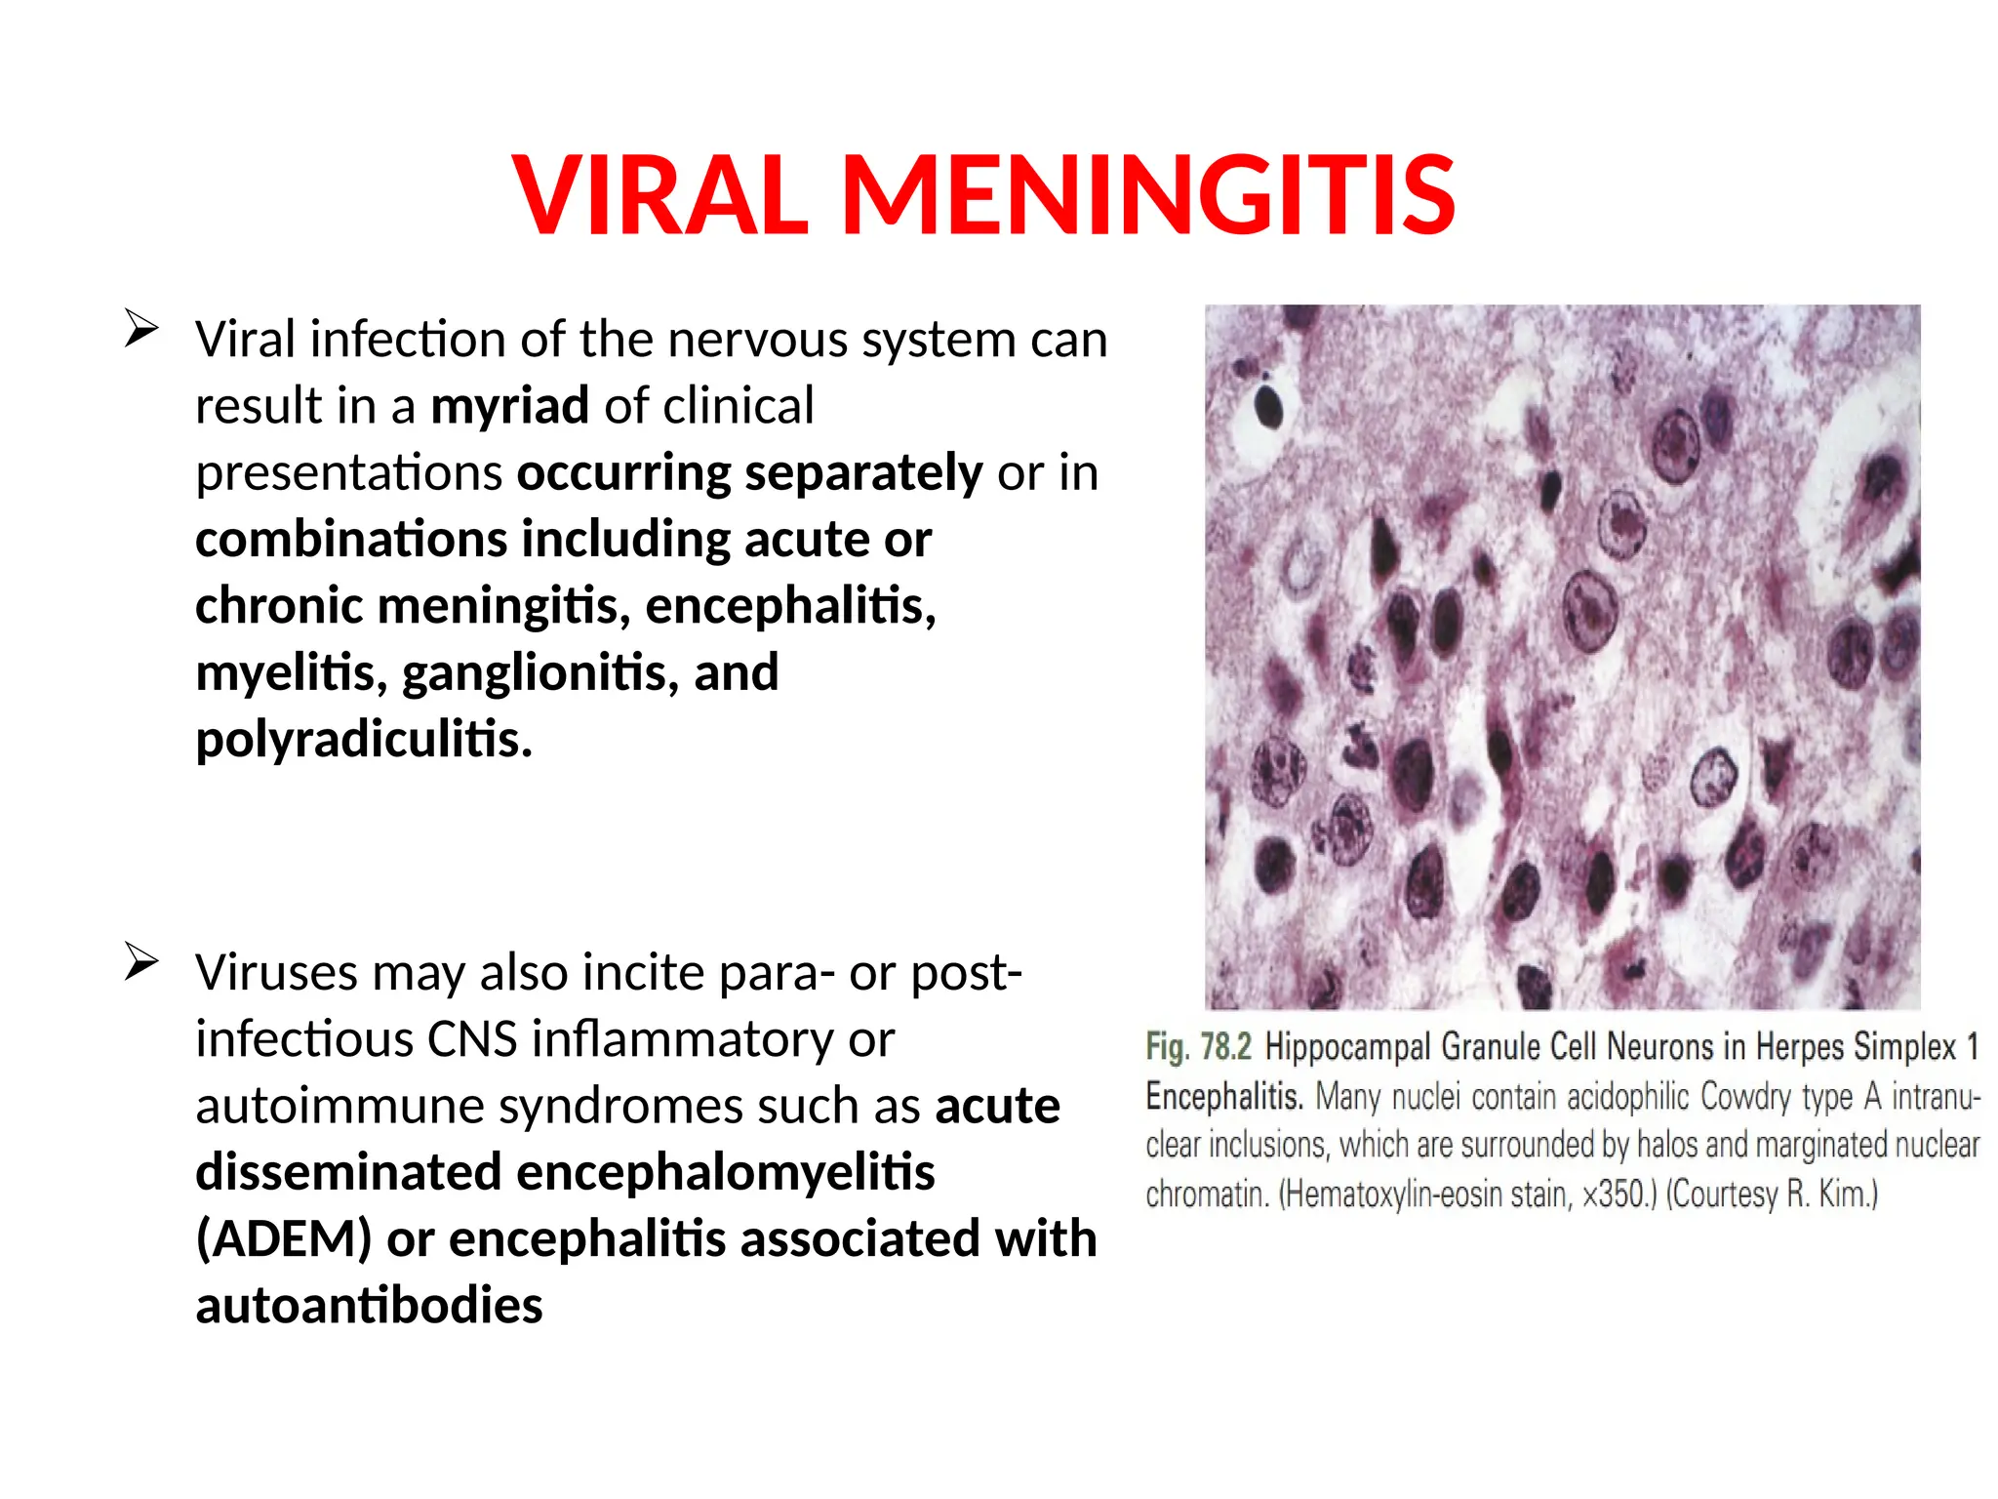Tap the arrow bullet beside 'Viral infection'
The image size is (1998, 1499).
141,328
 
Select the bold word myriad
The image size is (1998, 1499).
509,406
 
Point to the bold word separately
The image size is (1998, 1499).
862,473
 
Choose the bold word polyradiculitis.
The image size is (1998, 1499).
364,740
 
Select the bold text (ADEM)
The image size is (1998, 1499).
284,1239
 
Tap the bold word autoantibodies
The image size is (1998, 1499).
369,1306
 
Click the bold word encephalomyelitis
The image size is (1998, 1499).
725,1172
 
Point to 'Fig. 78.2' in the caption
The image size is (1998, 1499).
1198,1047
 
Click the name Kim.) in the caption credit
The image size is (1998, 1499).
1848,1195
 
